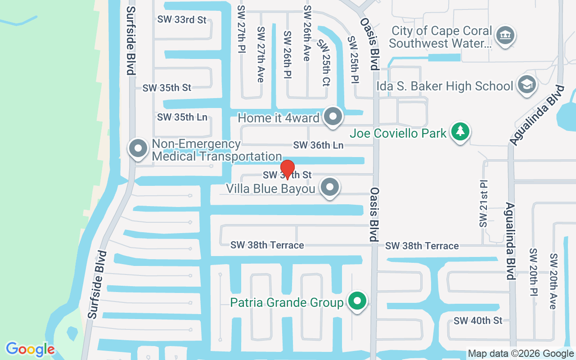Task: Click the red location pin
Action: pos(288,169)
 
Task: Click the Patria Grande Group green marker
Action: pos(358,301)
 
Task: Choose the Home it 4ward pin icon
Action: pos(333,117)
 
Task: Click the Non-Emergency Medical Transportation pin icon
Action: pos(138,148)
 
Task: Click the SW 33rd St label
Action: pos(182,20)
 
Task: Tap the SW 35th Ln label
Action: pos(182,117)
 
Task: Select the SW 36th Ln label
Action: pos(318,145)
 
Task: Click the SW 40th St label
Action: pos(478,321)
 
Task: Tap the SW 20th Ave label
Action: pos(553,281)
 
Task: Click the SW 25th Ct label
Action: pos(324,63)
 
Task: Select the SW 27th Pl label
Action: pos(241,28)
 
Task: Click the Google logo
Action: pos(30,349)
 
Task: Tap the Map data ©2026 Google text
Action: pos(521,354)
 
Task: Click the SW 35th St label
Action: pos(167,88)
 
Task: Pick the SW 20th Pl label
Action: pos(534,273)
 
